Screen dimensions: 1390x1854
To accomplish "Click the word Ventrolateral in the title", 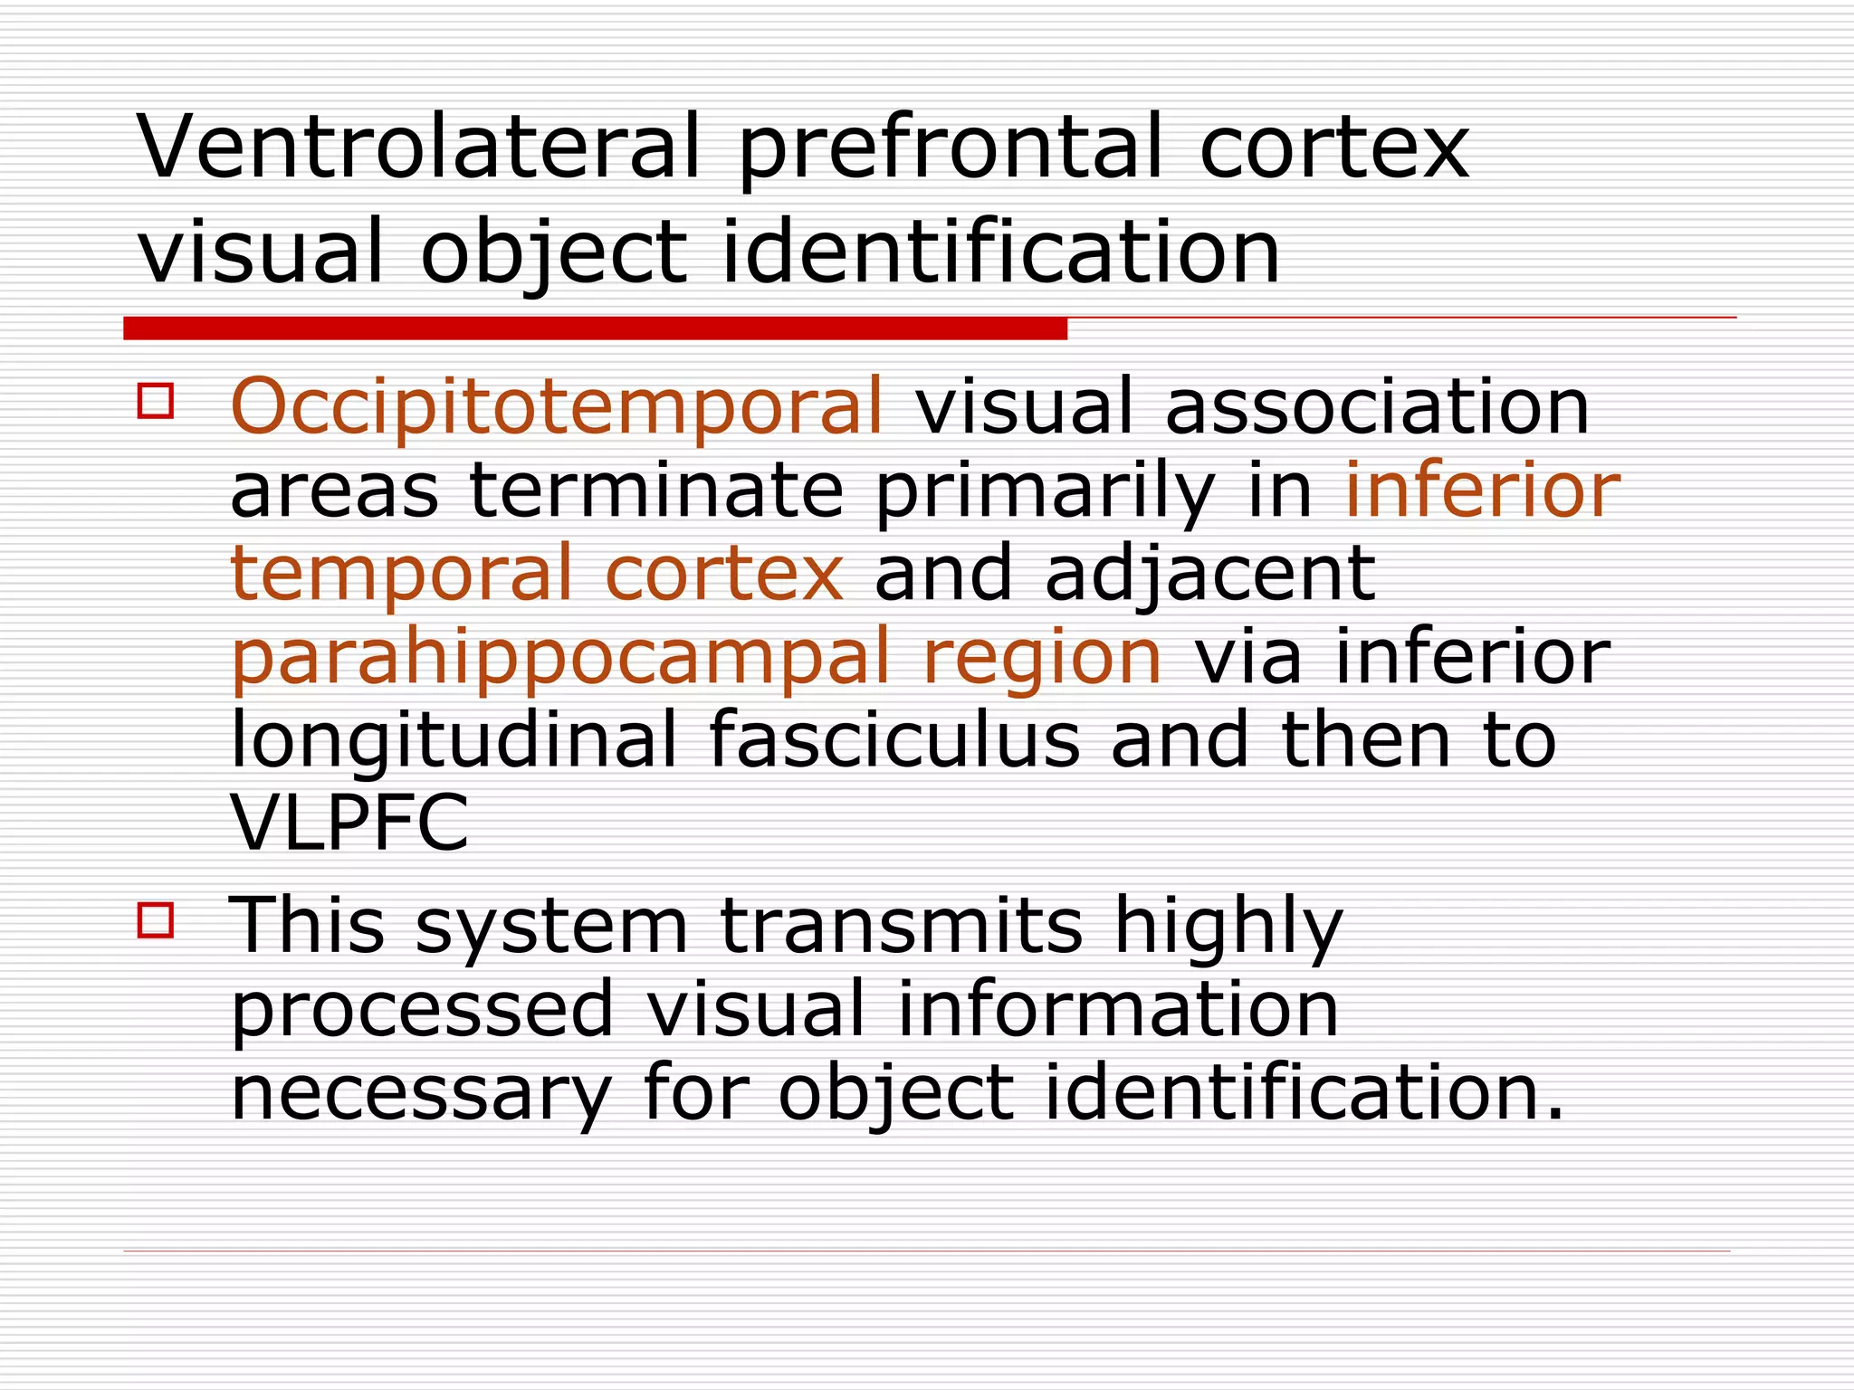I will click(x=419, y=147).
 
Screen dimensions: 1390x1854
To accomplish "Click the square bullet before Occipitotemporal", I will click(x=156, y=400).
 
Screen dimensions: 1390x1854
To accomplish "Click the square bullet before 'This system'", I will click(x=156, y=919).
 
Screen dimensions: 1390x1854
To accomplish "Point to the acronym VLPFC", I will click(x=350, y=822).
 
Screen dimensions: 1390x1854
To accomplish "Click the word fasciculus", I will click(x=894, y=739).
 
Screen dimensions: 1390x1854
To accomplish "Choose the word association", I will click(x=1377, y=405).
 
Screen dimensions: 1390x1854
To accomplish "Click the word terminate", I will click(x=657, y=490).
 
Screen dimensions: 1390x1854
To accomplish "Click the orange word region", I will click(x=1042, y=659).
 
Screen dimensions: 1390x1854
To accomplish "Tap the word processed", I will click(x=423, y=1010).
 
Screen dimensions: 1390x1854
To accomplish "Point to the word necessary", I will click(x=422, y=1093).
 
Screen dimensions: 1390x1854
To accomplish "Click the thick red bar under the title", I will click(x=595, y=328).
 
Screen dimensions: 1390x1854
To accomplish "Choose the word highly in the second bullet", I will click(x=1228, y=928).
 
